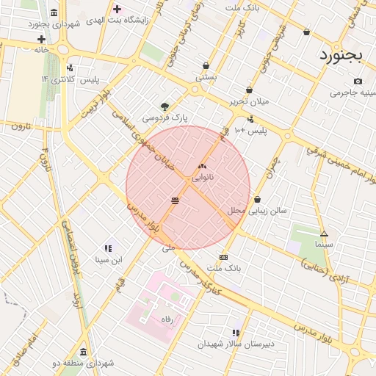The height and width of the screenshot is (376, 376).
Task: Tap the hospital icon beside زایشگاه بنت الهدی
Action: click(117, 10)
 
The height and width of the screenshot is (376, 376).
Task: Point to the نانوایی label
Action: click(203, 178)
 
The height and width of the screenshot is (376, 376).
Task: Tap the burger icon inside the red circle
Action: click(175, 200)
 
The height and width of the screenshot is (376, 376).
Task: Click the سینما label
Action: click(323, 243)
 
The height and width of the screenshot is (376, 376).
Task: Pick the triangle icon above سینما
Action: click(324, 234)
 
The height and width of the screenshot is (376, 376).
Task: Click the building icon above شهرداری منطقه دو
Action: click(83, 352)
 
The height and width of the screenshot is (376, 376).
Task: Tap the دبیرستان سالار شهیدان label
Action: click(236, 344)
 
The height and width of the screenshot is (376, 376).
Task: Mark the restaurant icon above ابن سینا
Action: click(108, 248)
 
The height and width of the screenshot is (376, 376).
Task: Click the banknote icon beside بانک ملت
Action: click(223, 257)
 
